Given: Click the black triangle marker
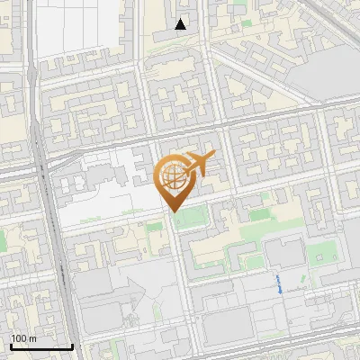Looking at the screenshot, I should pyautogui.click(x=181, y=24).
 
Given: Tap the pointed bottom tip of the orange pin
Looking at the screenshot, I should pyautogui.click(x=172, y=211).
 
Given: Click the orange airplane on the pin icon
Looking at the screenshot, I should pyautogui.click(x=199, y=163).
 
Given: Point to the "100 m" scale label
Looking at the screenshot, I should pyautogui.click(x=24, y=338).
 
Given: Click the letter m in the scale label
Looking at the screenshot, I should pyautogui.click(x=34, y=338).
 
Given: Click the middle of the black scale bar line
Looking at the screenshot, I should pyautogui.click(x=41, y=346).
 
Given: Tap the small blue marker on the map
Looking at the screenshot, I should pyautogui.click(x=279, y=284).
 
